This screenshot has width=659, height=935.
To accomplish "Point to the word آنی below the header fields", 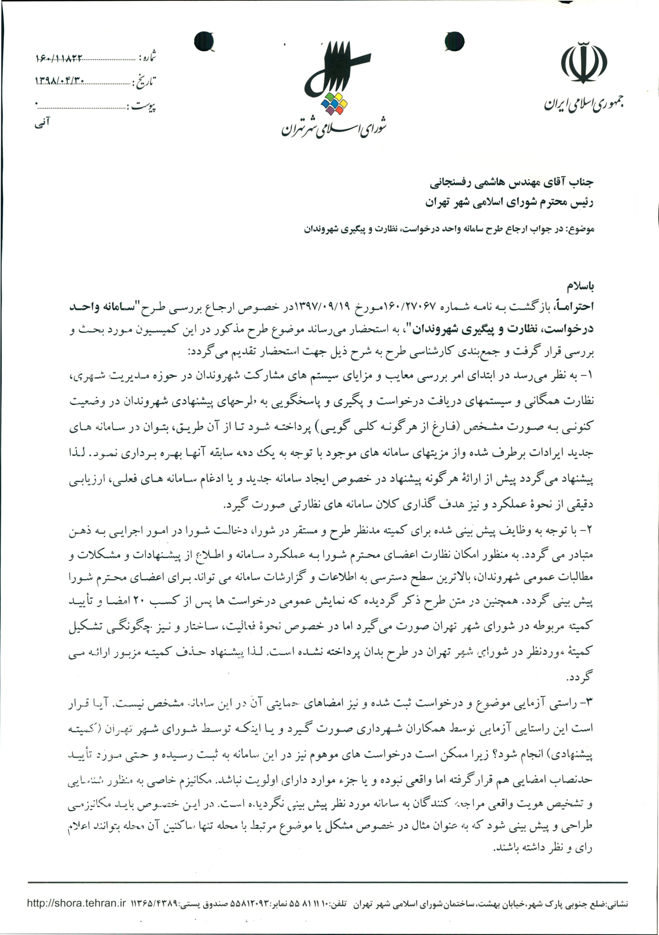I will pos(42,122).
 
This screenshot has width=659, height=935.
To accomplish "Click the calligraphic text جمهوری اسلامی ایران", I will pos(584,104).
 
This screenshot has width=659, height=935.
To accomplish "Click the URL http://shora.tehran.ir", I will pos(76,903).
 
